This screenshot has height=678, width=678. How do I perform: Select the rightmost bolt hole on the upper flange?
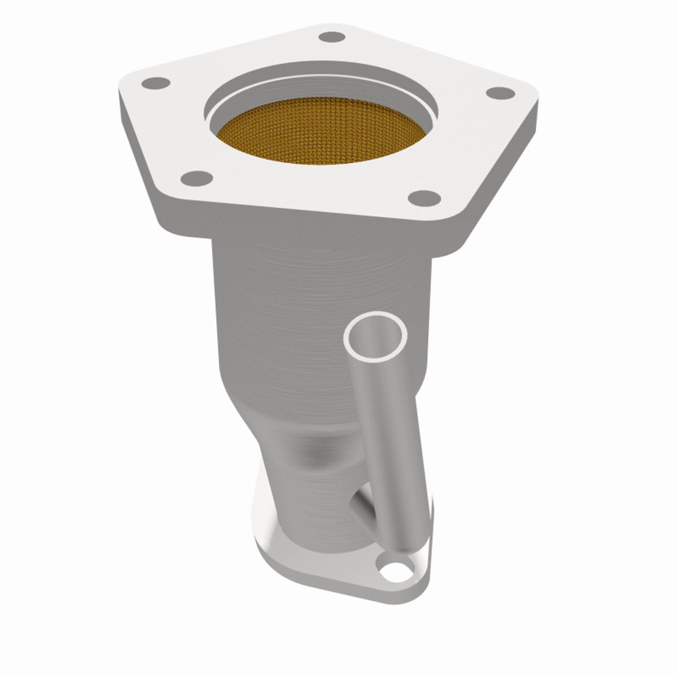(x=500, y=93)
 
